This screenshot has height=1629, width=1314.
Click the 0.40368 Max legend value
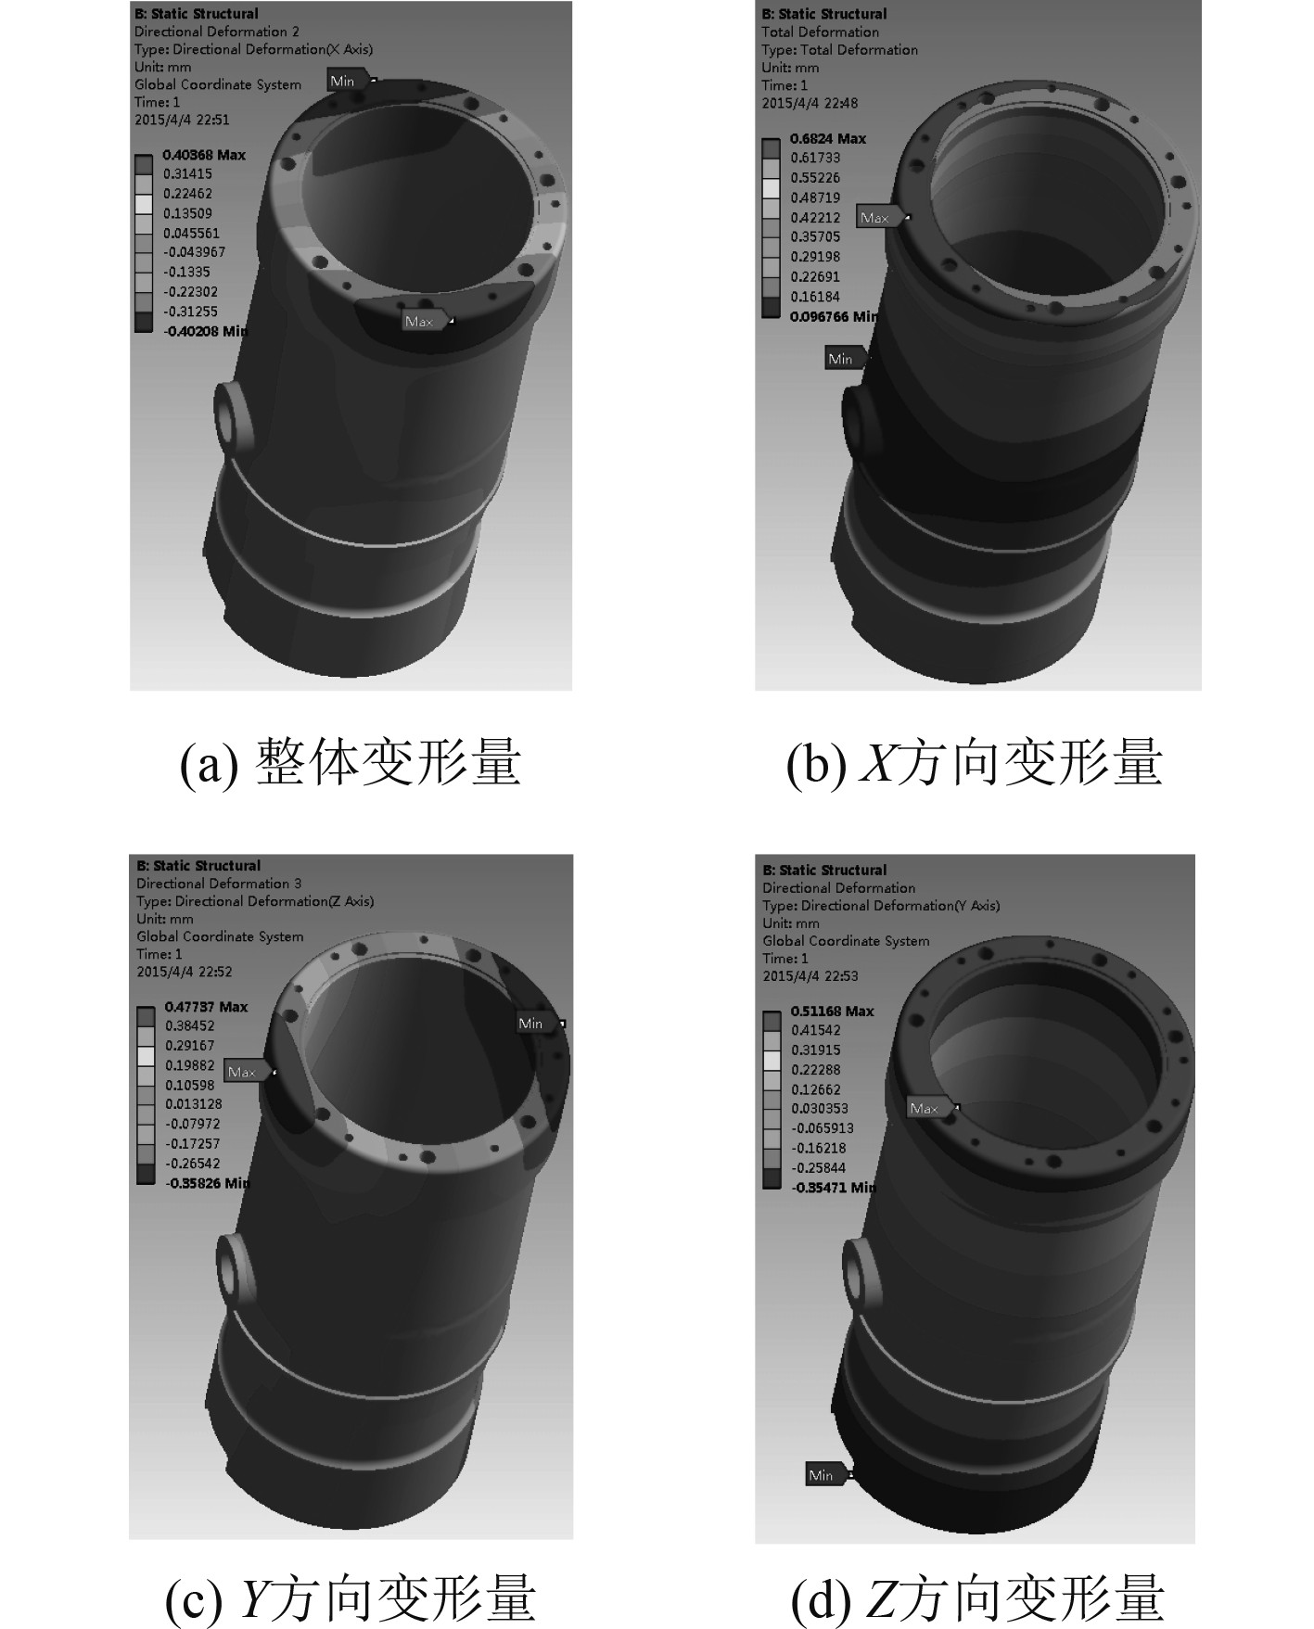pyautogui.click(x=204, y=155)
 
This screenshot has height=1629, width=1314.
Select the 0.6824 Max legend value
pyautogui.click(x=828, y=138)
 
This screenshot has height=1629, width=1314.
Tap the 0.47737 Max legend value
pyautogui.click(x=206, y=1007)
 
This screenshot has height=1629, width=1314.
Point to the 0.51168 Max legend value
pyautogui.click(x=832, y=1011)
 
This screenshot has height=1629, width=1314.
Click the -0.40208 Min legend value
pyautogui.click(x=205, y=331)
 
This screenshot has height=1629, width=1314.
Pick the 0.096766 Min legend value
pyautogui.click(x=833, y=316)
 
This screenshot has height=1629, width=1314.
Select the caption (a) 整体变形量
pyautogui.click(x=351, y=764)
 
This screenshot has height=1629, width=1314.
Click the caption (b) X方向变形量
pyautogui.click(x=974, y=764)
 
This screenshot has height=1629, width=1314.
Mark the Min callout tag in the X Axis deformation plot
pyautogui.click(x=351, y=81)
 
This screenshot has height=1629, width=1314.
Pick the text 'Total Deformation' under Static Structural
pyautogui.click(x=820, y=32)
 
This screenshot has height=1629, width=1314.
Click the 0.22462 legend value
pyautogui.click(x=187, y=194)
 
